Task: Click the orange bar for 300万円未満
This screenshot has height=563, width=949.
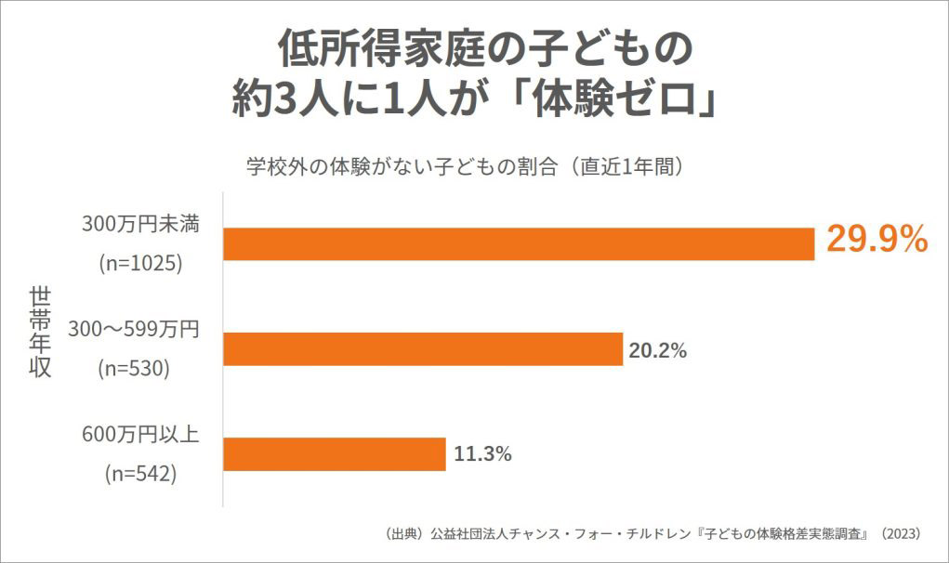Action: click(x=519, y=243)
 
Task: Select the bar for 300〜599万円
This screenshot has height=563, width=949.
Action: click(x=423, y=349)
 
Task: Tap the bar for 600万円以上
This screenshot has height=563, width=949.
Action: click(x=335, y=454)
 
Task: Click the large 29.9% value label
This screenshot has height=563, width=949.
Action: click(x=877, y=241)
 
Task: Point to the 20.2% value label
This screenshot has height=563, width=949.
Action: click(x=658, y=350)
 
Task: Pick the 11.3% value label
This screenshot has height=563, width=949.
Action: click(x=482, y=454)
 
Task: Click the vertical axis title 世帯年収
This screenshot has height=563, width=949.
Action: click(x=40, y=332)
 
